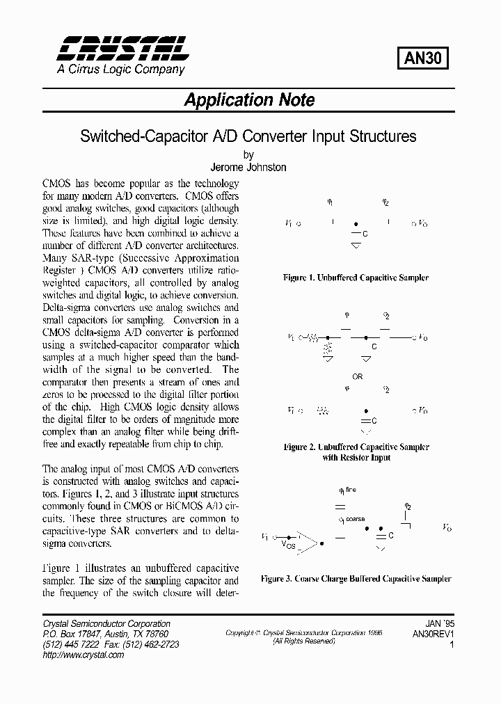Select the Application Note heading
coord(249,99)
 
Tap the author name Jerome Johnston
coord(248,167)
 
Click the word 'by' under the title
coord(248,155)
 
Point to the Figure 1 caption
coord(356,278)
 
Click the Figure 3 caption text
coord(356,578)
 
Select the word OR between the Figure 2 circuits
coord(357,376)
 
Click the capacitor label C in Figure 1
coord(365,234)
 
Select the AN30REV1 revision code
coord(433,634)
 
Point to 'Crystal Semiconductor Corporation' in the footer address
coord(106,624)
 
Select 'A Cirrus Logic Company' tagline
coord(120,70)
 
